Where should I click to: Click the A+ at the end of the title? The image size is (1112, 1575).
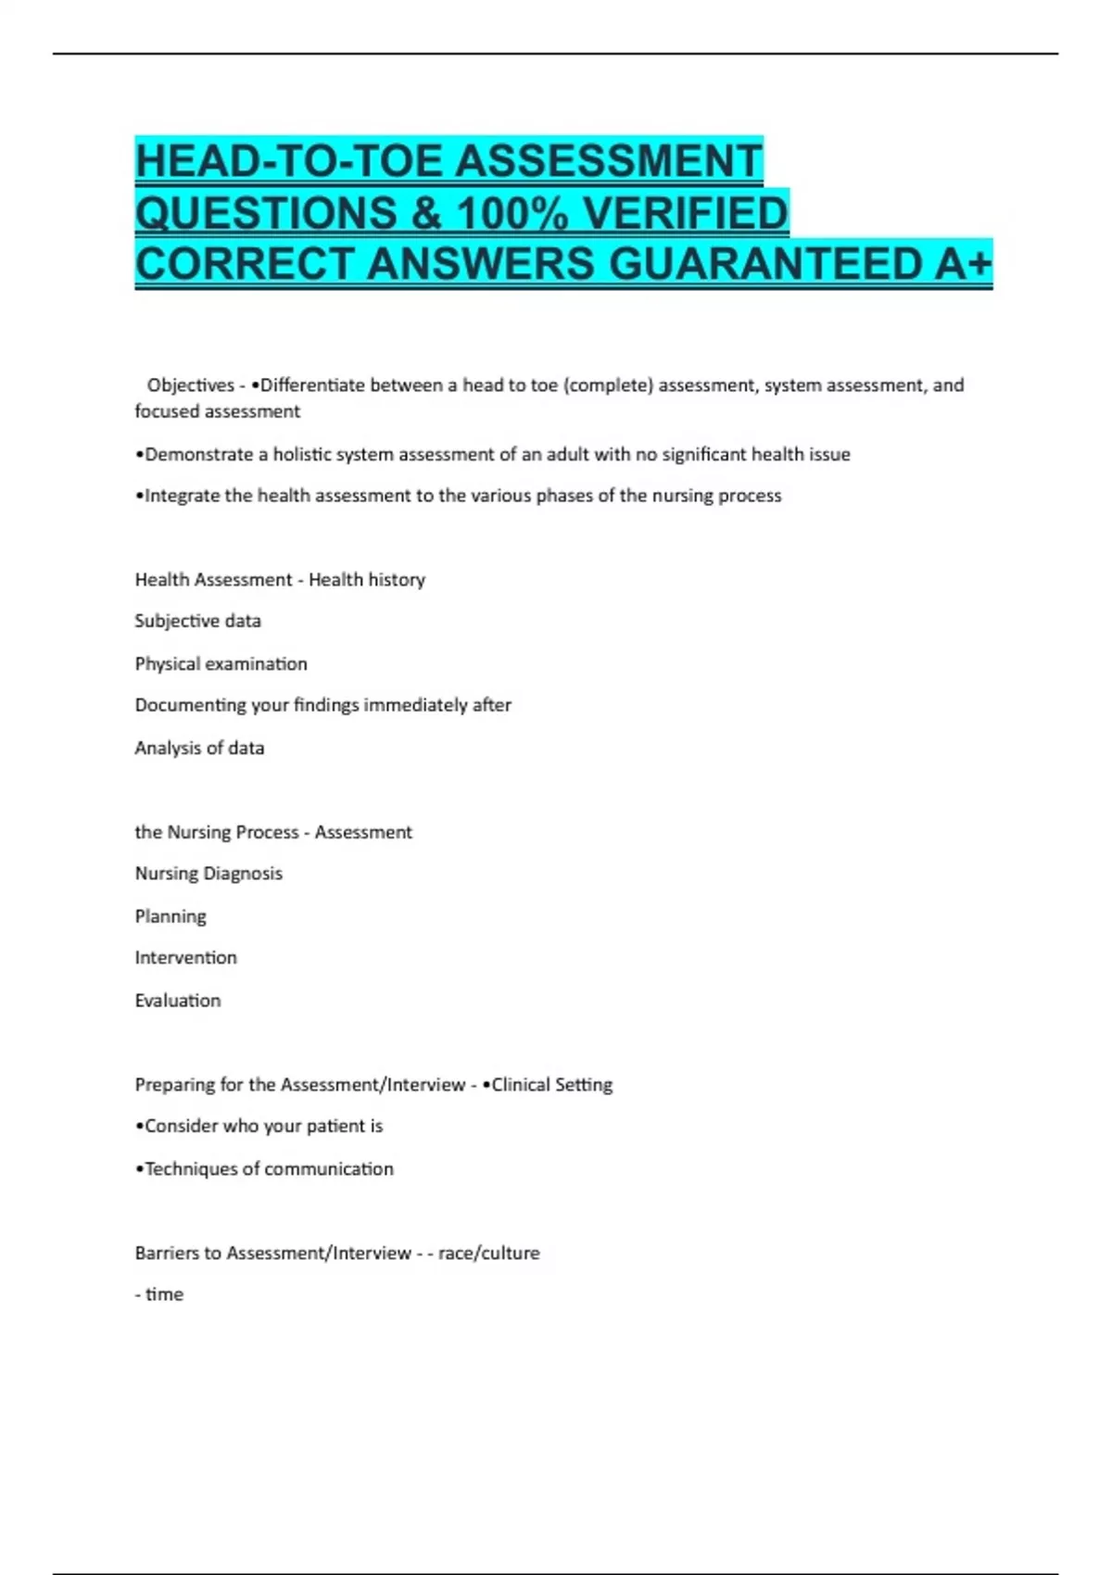[x=963, y=264]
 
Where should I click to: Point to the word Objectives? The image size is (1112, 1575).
[x=190, y=385]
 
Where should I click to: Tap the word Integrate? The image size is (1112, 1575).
[x=182, y=496]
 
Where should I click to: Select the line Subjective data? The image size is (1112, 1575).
[x=197, y=621]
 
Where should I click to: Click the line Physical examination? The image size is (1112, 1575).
[x=221, y=663]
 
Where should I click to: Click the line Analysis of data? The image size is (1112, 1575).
[x=199, y=748]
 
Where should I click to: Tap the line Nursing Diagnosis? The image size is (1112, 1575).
[x=208, y=874]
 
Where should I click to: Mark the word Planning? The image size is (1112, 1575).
[x=171, y=916]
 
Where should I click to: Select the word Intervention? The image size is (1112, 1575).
[x=185, y=958]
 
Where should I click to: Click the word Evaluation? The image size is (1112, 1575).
[x=178, y=1001]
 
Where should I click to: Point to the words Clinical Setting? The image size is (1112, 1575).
[x=552, y=1085]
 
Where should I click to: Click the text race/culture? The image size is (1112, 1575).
[x=488, y=1254]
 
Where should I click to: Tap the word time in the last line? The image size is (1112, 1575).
[x=164, y=1294]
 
